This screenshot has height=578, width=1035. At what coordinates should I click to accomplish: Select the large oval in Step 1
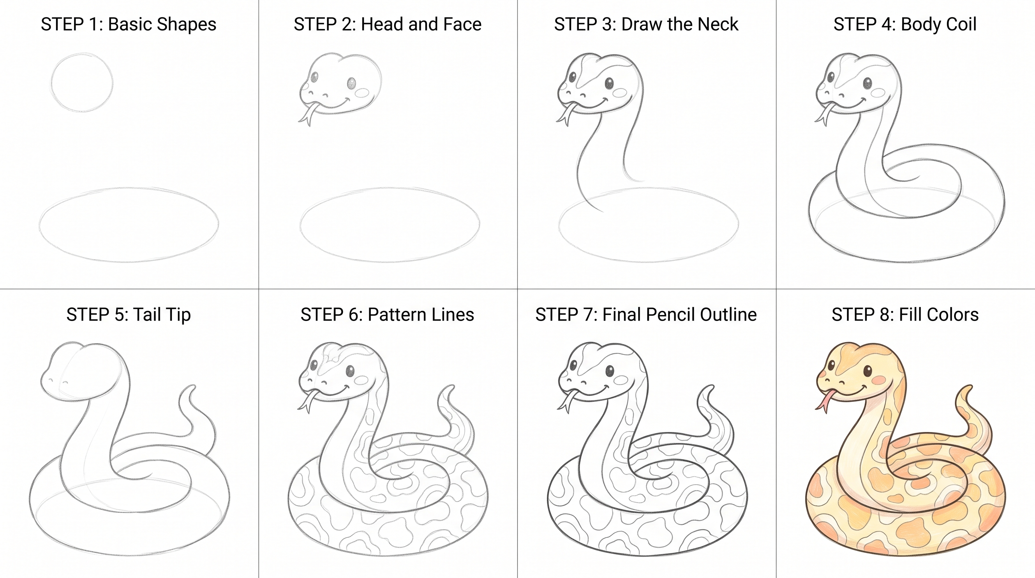point(129,188)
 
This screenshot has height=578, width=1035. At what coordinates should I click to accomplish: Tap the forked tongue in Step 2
point(307,114)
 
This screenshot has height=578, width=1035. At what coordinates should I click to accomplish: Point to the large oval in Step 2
point(390,188)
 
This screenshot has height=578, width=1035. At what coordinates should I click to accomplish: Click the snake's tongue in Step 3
point(566,114)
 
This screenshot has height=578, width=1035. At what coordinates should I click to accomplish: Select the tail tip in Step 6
point(449,388)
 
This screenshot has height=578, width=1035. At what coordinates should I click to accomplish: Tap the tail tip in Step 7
point(708,388)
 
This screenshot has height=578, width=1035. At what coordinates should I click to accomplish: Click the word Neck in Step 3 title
point(718,24)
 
